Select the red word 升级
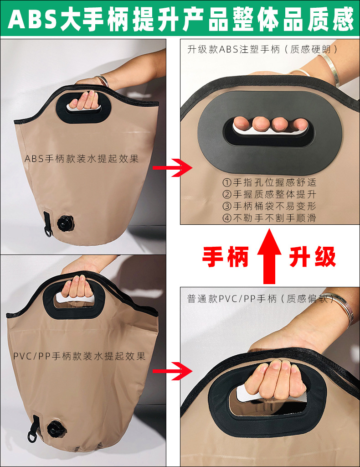313,256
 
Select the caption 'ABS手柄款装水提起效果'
82,159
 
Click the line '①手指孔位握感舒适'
269,182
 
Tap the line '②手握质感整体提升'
269,194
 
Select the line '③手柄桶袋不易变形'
269,206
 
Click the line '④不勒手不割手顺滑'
269,218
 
